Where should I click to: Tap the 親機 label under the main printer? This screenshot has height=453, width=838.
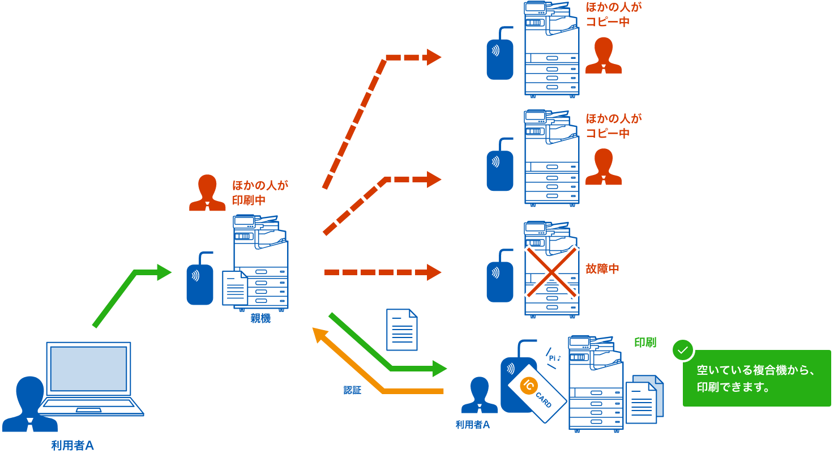pos(260,319)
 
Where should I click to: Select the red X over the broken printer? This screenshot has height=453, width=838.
pos(552,272)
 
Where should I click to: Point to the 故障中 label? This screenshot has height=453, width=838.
pos(602,269)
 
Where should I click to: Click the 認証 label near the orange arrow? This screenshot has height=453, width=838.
pos(352,390)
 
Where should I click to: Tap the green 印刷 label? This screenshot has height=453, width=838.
pos(645,343)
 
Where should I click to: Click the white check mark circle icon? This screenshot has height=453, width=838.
pos(683,350)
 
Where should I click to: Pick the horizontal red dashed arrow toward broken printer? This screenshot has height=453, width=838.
pos(382,272)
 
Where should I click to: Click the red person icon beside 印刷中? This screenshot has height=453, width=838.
pos(207,193)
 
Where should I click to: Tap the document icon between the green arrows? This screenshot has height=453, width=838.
pos(401,330)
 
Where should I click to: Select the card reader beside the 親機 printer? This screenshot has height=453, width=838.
pos(200,280)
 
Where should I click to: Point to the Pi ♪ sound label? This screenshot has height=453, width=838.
pos(554,358)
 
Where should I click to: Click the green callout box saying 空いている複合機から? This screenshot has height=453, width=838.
pos(756,379)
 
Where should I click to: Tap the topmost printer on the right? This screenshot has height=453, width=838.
pos(551,49)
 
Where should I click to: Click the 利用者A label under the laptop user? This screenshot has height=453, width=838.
pos(72,446)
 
